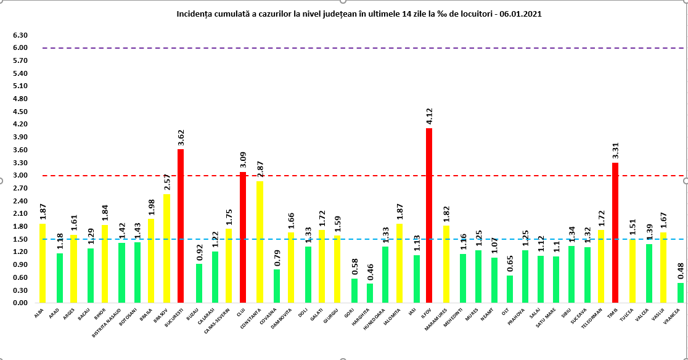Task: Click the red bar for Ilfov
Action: point(428,216)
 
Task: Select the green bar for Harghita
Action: point(370,293)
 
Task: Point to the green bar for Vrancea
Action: point(681,293)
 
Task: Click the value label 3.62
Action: point(181,137)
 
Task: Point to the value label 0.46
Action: point(370,271)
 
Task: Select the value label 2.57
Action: point(166,182)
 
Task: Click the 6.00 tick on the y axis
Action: point(20,47)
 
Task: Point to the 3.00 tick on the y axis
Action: point(20,175)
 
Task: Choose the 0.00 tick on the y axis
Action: point(20,303)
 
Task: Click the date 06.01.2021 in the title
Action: point(522,13)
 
